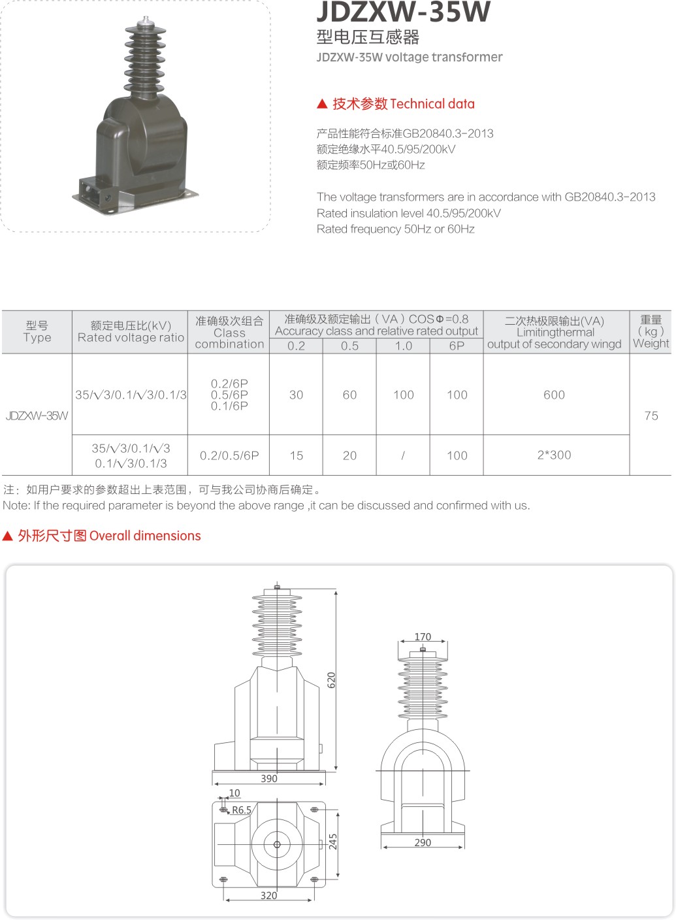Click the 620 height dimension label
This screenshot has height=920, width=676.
(x=331, y=680)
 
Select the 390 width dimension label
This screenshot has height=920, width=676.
(x=269, y=778)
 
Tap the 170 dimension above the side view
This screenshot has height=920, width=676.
(x=423, y=636)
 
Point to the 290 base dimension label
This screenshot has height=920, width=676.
(x=423, y=842)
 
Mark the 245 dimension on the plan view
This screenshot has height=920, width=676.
(x=332, y=841)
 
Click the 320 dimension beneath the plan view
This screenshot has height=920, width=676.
(x=268, y=895)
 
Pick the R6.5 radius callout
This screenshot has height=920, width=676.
(x=241, y=810)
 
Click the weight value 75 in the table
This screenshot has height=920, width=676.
(x=651, y=416)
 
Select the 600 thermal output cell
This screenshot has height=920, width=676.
(x=554, y=395)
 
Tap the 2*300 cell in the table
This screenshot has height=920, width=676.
(x=554, y=455)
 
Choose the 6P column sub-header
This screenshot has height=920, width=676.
(x=457, y=346)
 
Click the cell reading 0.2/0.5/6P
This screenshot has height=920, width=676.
(x=229, y=455)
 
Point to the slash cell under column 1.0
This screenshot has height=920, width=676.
(x=403, y=455)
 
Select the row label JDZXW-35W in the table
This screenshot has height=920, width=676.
(x=37, y=416)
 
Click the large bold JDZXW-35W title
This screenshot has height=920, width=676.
(x=403, y=12)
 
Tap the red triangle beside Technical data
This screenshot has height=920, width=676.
(x=322, y=104)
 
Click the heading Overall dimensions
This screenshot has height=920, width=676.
(x=145, y=536)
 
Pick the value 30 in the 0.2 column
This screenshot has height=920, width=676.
(x=296, y=395)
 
